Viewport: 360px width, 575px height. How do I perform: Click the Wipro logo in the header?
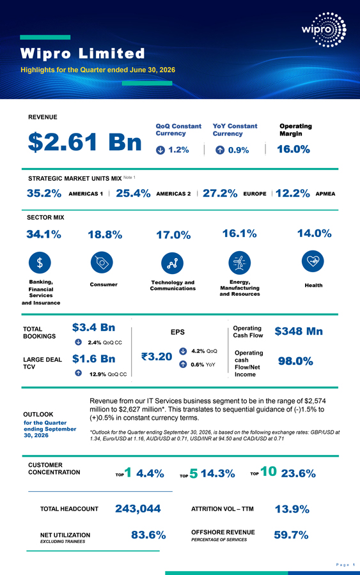[x=324, y=29]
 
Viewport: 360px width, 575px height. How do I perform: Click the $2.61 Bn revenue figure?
[x=85, y=142]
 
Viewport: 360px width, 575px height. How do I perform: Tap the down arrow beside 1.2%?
[x=160, y=150]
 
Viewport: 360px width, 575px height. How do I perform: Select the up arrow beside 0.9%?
[x=220, y=150]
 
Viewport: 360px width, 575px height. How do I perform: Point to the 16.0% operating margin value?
[x=293, y=149]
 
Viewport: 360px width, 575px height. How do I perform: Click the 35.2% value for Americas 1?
[x=44, y=193]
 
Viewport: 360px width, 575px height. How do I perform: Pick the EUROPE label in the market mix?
[x=254, y=194]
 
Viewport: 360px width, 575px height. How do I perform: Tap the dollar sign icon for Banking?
[x=40, y=263]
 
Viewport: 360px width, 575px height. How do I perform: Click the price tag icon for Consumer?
[x=102, y=262]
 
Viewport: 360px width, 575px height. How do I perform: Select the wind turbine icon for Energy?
[x=240, y=263]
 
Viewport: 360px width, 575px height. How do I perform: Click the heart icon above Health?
[x=313, y=261]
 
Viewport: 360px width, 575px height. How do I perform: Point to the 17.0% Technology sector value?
[x=173, y=235]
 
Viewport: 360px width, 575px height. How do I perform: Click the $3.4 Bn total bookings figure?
[x=93, y=327]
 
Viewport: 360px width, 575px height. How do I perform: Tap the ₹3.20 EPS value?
[x=157, y=356]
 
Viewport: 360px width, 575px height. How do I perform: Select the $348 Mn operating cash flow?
[x=299, y=331]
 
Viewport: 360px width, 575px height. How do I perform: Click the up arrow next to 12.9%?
[x=78, y=373]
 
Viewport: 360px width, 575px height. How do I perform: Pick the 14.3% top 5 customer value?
[x=217, y=473]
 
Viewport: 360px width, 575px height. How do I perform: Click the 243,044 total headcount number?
[x=138, y=509]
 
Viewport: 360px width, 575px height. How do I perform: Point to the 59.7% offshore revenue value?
[x=291, y=535]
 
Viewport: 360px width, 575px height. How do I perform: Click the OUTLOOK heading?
[x=38, y=415]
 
